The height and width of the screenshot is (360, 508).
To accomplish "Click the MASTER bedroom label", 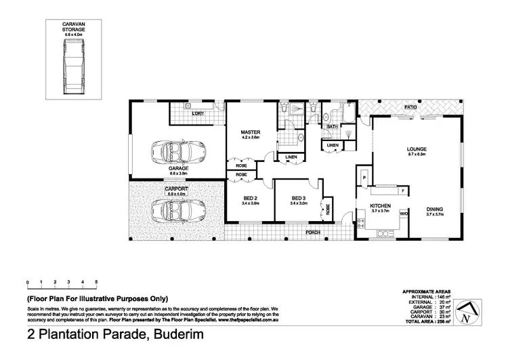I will pyautogui.click(x=251, y=132).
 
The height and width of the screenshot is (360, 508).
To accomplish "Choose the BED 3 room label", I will pyautogui.click(x=298, y=198).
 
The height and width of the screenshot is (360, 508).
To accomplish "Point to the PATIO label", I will pyautogui.click(x=410, y=107).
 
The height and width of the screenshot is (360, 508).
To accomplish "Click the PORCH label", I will pyautogui.click(x=314, y=232).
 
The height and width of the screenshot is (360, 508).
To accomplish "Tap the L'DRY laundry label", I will pyautogui.click(x=198, y=113).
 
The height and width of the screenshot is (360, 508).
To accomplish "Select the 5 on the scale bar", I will pyautogui.click(x=97, y=281).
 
